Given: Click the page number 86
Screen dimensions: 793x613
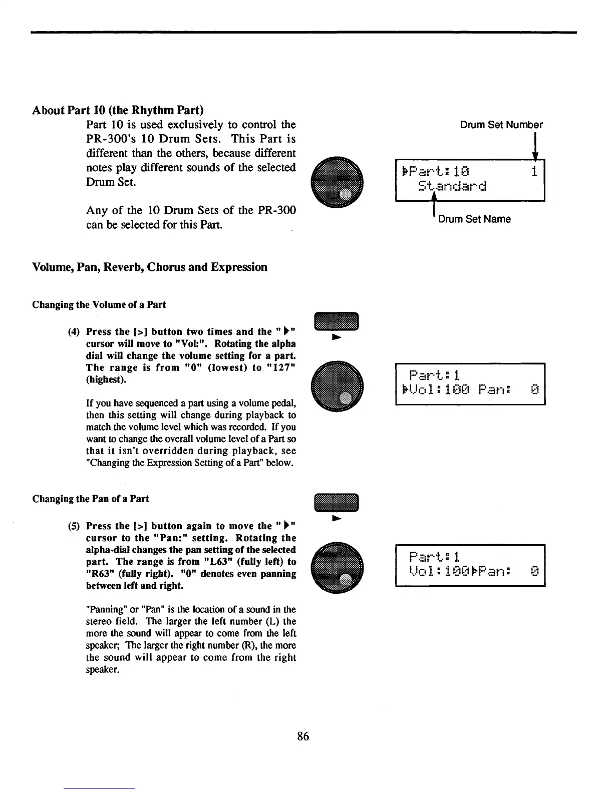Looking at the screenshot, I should pyautogui.click(x=303, y=736).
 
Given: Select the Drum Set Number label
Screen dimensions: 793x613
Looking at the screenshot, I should pyautogui.click(x=501, y=125).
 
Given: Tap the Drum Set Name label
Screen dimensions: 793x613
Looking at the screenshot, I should pyautogui.click(x=474, y=219).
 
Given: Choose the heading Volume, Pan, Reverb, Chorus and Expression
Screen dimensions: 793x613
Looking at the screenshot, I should pyautogui.click(x=150, y=267).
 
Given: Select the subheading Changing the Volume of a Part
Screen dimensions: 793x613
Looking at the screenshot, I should pyautogui.click(x=99, y=305).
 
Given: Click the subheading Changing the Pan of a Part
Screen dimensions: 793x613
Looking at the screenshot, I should pyautogui.click(x=91, y=499).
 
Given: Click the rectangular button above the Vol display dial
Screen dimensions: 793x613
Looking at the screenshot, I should pyautogui.click(x=337, y=321).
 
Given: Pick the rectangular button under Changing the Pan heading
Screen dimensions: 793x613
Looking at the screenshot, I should pyautogui.click(x=337, y=503).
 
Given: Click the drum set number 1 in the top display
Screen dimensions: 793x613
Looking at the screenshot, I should pyautogui.click(x=534, y=172).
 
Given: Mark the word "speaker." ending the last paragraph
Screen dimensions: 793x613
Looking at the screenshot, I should pyautogui.click(x=103, y=670).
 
